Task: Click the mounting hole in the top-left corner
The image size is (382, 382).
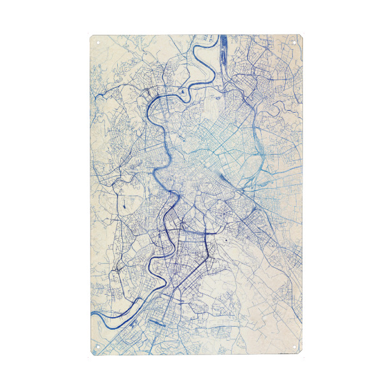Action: (x=98, y=42)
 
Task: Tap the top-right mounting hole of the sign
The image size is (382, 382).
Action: (x=294, y=42)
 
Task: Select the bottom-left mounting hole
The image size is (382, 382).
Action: (x=98, y=347)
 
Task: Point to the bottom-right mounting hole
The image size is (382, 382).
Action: (x=294, y=347)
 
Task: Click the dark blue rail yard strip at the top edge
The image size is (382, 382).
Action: (x=224, y=48)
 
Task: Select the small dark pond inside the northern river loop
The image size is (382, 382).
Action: (x=183, y=95)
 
